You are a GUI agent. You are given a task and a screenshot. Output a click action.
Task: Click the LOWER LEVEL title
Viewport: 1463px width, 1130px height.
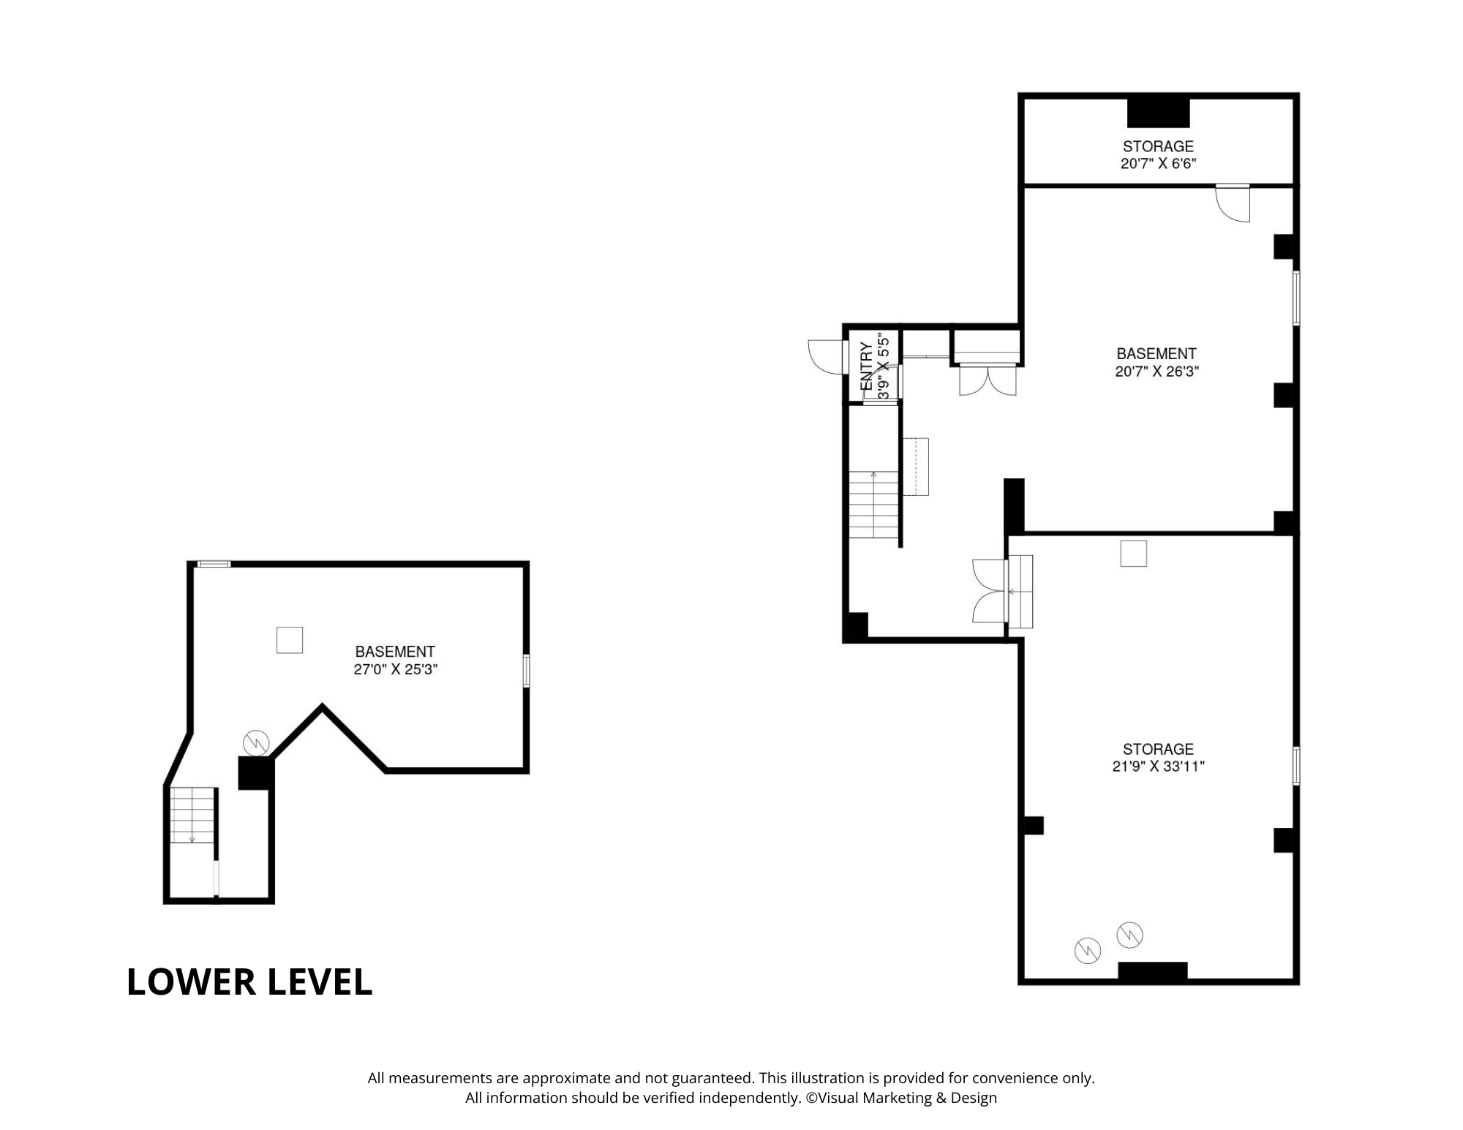249,982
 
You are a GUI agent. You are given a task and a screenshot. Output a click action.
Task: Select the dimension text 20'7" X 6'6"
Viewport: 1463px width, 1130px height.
1158,164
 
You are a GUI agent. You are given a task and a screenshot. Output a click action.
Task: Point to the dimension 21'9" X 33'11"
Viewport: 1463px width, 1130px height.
1158,766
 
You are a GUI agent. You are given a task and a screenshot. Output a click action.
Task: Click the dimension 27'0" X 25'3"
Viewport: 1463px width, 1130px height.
395,669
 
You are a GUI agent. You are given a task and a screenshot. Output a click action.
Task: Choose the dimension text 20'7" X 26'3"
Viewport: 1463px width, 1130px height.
1157,371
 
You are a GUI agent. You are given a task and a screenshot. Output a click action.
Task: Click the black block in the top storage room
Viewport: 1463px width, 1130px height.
1158,113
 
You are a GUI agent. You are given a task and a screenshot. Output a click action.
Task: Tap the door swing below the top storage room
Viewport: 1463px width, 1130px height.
1233,203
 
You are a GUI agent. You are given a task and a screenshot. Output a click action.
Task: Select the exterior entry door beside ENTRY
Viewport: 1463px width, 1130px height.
827,358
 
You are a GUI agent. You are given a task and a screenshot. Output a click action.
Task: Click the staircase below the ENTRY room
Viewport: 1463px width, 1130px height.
873,505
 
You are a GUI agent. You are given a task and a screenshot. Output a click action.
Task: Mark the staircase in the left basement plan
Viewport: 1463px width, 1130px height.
192,816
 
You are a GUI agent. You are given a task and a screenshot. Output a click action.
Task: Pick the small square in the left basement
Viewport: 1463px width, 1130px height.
290,640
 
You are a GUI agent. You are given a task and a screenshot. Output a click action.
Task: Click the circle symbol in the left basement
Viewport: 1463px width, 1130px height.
256,743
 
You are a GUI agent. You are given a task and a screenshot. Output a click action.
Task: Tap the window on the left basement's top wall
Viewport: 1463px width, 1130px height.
214,564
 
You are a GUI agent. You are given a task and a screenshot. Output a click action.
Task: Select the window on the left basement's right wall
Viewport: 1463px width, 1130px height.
526,671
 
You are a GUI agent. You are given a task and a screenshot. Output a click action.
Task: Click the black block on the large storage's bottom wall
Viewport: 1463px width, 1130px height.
1152,971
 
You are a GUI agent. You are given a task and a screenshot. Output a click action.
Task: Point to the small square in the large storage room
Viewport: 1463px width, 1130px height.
1133,554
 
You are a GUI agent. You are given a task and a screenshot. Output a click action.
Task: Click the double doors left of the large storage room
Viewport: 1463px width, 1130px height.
990,591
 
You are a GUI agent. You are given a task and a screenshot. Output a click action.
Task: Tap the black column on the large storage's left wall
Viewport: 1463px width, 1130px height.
1033,825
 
